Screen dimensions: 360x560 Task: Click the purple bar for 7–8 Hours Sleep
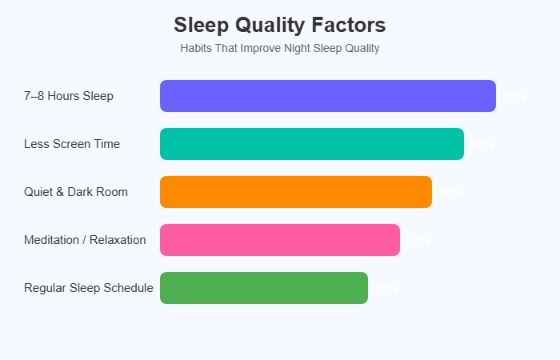click(328, 96)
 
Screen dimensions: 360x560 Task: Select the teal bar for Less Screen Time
click(312, 144)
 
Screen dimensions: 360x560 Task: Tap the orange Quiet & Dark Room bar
click(296, 192)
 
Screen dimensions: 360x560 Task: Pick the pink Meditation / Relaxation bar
click(280, 240)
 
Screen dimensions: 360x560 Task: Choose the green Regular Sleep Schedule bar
click(264, 288)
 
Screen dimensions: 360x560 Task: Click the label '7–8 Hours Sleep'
click(69, 96)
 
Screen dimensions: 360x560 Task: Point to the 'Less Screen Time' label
click(72, 144)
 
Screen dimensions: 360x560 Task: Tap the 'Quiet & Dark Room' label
click(76, 192)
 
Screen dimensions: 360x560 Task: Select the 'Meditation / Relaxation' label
click(85, 240)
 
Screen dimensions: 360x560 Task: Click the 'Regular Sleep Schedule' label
click(89, 288)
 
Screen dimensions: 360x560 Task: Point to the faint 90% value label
click(514, 96)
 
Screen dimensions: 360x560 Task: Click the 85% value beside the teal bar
click(482, 144)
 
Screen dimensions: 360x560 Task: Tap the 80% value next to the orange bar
click(450, 192)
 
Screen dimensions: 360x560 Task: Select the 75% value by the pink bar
click(419, 240)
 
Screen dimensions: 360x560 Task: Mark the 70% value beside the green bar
click(387, 288)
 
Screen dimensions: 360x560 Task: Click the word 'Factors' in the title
click(346, 25)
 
